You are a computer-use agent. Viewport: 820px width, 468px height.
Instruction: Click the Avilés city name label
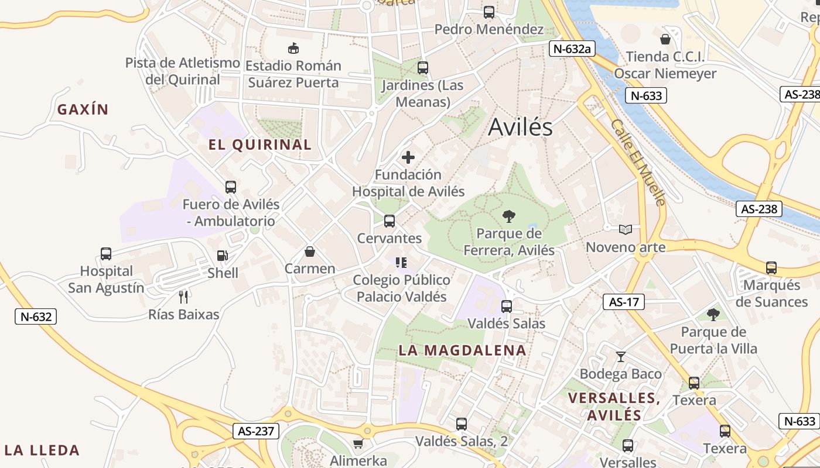click(520, 127)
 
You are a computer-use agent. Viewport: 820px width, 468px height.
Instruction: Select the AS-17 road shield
click(623, 302)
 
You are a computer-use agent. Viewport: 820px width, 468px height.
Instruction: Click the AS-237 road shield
click(256, 431)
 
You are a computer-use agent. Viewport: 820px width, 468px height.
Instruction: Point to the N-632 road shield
click(36, 316)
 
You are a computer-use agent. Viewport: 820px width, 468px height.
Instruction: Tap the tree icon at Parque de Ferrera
click(509, 216)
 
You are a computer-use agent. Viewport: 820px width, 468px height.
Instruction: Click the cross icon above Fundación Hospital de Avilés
click(408, 157)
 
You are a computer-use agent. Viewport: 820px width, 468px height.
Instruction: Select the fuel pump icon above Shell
click(223, 256)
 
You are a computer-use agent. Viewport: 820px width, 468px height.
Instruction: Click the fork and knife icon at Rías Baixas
click(183, 297)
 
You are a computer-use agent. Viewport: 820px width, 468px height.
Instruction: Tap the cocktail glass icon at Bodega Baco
click(621, 356)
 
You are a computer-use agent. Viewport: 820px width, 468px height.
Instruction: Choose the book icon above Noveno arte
click(626, 229)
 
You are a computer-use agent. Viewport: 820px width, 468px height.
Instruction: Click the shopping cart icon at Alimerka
click(358, 443)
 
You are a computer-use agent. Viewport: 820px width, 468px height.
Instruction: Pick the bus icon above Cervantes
click(389, 221)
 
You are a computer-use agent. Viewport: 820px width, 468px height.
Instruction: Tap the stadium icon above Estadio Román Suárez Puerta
click(293, 48)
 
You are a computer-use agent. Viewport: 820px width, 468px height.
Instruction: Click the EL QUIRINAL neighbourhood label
click(260, 144)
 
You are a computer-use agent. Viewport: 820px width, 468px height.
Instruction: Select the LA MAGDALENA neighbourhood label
click(462, 350)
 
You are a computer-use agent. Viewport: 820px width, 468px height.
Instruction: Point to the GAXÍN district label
click(83, 109)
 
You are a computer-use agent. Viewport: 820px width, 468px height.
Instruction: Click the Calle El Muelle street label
click(638, 163)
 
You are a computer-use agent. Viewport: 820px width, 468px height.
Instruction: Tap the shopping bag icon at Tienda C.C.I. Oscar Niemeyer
click(665, 39)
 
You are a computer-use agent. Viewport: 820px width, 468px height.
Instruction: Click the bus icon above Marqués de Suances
click(771, 267)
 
